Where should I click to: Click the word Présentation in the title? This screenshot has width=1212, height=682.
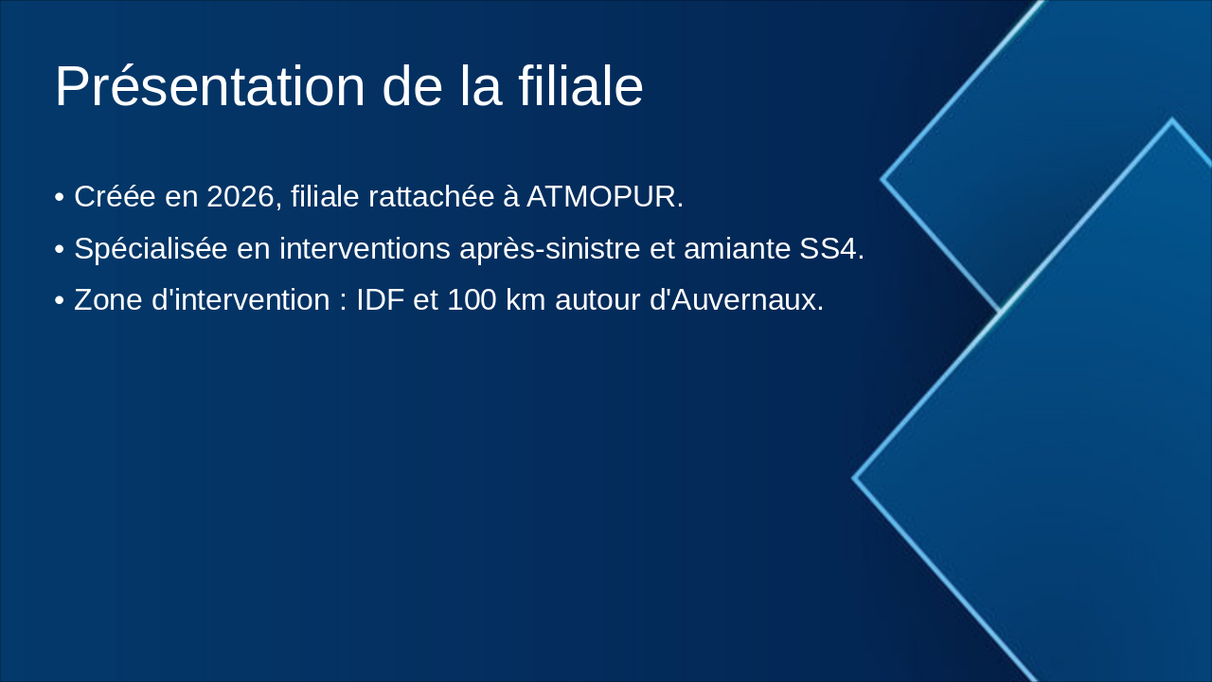coord(210,87)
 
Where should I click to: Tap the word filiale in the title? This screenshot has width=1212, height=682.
coord(580,87)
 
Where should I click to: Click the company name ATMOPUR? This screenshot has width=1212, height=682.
coord(604,197)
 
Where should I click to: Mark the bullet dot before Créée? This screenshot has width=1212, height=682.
coord(60,198)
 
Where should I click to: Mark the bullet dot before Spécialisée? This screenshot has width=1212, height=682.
coord(60,250)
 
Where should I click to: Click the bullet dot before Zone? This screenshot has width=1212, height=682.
coord(60,301)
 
